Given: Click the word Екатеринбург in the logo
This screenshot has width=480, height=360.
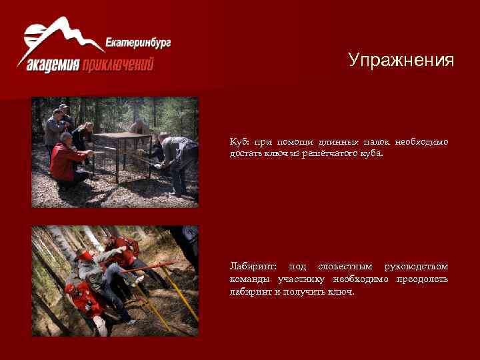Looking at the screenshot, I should pos(138,45).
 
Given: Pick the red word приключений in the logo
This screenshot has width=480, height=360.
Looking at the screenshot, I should pos(118,65).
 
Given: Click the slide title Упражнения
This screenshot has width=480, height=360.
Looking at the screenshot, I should pos(401,61).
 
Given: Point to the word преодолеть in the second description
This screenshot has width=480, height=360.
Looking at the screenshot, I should pos(422,279).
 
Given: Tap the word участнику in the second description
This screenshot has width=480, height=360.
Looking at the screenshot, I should pos(303,279).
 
